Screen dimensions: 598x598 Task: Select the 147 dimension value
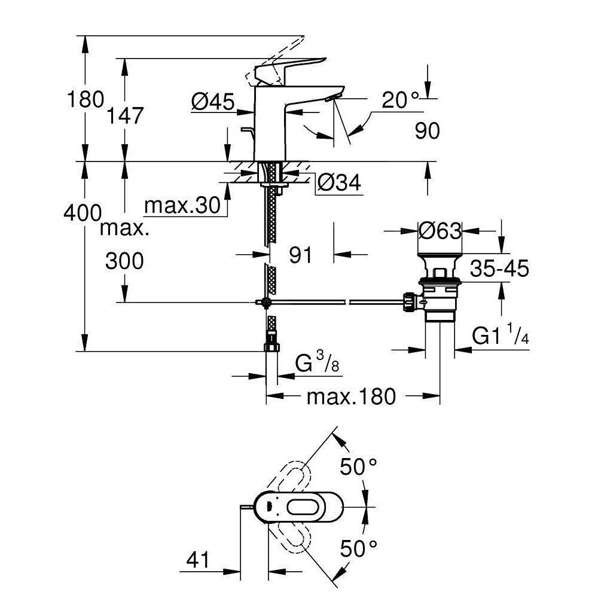[126, 115]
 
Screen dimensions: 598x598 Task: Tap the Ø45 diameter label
[212, 103]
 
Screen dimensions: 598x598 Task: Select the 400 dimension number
[82, 212]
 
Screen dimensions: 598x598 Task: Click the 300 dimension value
[124, 261]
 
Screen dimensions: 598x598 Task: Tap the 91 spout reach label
[301, 255]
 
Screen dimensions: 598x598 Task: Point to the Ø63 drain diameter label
[440, 230]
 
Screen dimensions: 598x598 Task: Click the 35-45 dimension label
[498, 269]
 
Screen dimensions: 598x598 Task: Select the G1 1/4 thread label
[501, 337]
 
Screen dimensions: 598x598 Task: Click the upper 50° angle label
[359, 466]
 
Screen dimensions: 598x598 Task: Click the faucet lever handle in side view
[293, 65]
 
